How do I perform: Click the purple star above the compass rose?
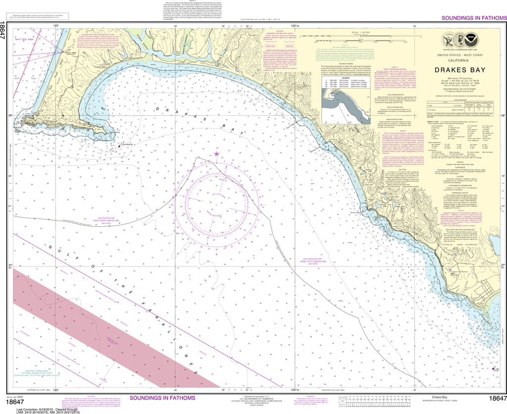[216, 155]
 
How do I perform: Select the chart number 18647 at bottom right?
[497, 399]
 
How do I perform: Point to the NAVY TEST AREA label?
[23, 39]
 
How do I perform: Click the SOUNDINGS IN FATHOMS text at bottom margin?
[163, 398]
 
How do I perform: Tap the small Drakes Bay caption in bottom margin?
[437, 397]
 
